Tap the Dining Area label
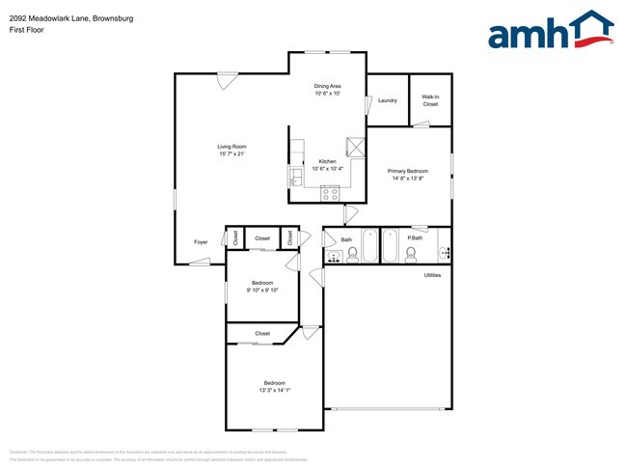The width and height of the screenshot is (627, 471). [x=328, y=87]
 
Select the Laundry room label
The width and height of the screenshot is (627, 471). [x=388, y=100]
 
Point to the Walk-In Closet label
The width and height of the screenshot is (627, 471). [x=430, y=100]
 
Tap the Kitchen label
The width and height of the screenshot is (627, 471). [x=328, y=161]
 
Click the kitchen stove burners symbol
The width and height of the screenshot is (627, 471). [x=330, y=192]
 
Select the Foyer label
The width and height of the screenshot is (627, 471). [x=201, y=242]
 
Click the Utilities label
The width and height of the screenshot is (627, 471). [x=433, y=275]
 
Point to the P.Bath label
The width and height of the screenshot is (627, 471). [x=417, y=238]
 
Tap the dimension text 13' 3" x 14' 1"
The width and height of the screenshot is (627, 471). [x=275, y=391]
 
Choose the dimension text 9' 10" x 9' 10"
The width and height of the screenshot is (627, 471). [x=261, y=290]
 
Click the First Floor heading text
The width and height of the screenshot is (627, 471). [x=28, y=30]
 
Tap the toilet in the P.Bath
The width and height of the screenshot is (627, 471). [x=411, y=254]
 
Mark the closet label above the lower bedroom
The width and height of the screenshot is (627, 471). [x=262, y=333]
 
